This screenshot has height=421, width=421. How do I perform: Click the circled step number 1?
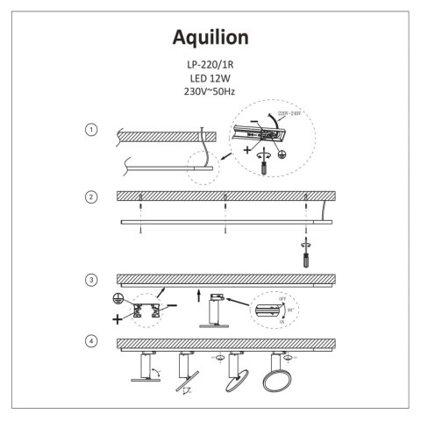coord(90,130)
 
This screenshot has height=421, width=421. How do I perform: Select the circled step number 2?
coord(90,196)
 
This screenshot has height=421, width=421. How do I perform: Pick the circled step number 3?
coord(90,280)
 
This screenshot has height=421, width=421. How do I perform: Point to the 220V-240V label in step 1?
coord(290,113)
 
